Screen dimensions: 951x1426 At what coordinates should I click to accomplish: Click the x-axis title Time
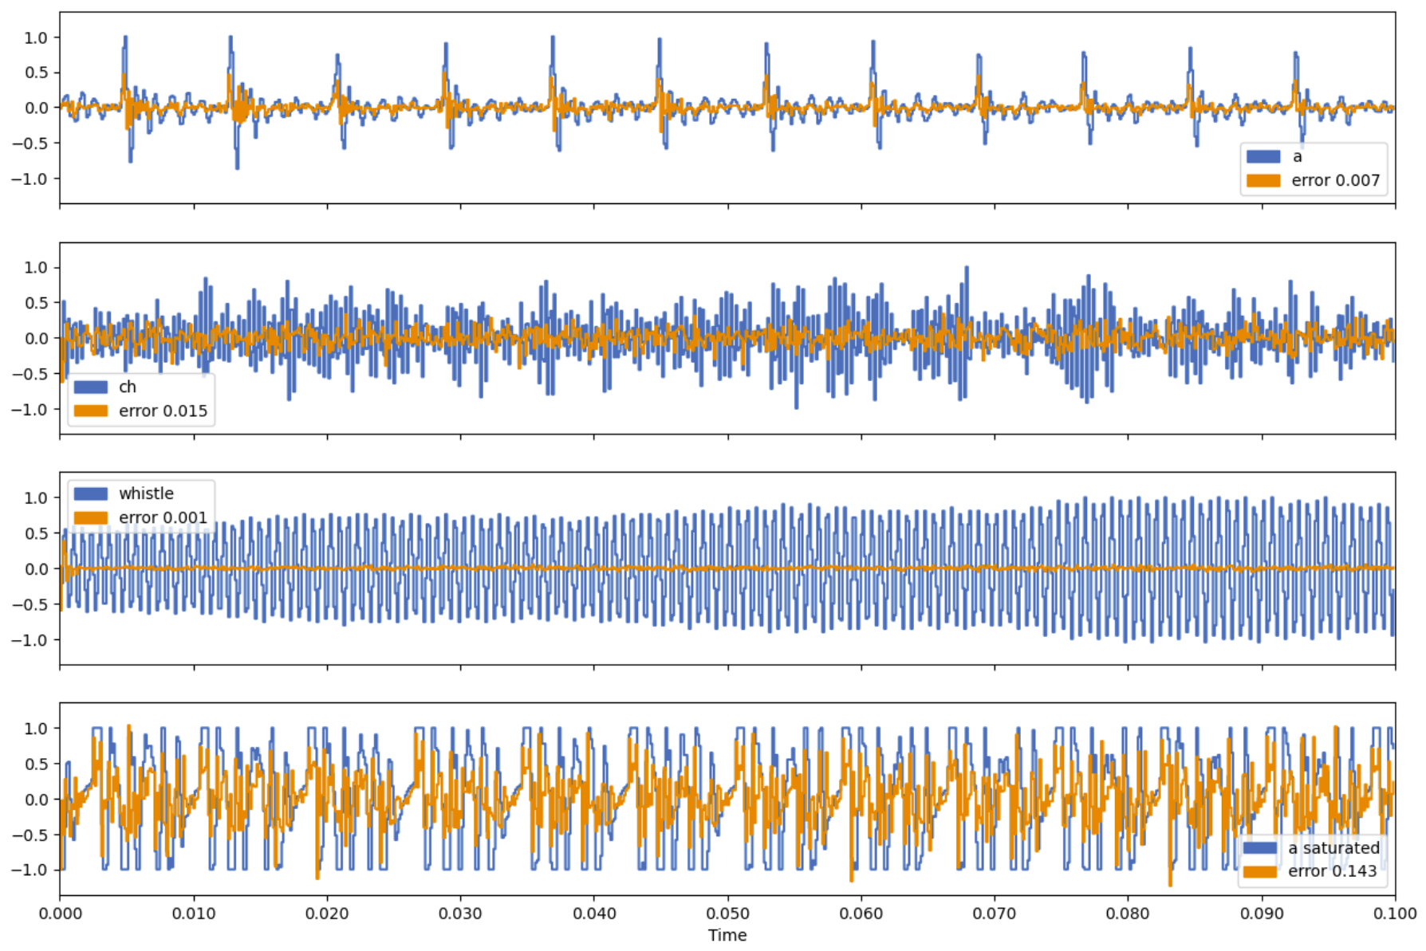727,935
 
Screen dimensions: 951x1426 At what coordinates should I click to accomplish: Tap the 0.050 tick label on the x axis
727,914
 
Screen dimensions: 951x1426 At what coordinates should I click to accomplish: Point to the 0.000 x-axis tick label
60,914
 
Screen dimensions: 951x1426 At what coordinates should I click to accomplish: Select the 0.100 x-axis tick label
1395,914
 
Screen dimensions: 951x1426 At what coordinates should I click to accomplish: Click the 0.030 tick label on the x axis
460,914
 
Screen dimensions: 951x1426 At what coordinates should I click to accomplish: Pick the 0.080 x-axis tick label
1128,914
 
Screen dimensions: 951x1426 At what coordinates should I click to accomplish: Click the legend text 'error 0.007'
1335,180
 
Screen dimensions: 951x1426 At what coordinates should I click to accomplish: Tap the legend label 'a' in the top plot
1298,156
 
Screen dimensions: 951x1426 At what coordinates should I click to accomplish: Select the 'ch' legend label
128,387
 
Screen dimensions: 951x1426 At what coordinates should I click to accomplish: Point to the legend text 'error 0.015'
163,411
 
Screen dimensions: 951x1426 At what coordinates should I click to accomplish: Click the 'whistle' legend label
146,493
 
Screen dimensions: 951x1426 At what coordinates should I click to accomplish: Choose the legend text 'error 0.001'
163,517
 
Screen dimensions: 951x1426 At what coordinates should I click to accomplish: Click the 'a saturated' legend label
1333,848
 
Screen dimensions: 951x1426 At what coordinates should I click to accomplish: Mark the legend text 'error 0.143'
1332,871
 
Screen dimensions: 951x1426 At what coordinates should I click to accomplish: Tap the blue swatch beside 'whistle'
90,493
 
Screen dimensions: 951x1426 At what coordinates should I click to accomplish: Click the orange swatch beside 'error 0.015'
90,411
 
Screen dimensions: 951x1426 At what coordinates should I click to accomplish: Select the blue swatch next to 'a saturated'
1259,848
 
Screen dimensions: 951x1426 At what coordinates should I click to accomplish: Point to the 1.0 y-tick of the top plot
36,37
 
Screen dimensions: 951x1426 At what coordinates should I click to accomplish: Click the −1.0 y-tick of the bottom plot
30,870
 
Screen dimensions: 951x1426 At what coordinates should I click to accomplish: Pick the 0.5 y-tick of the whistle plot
36,533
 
